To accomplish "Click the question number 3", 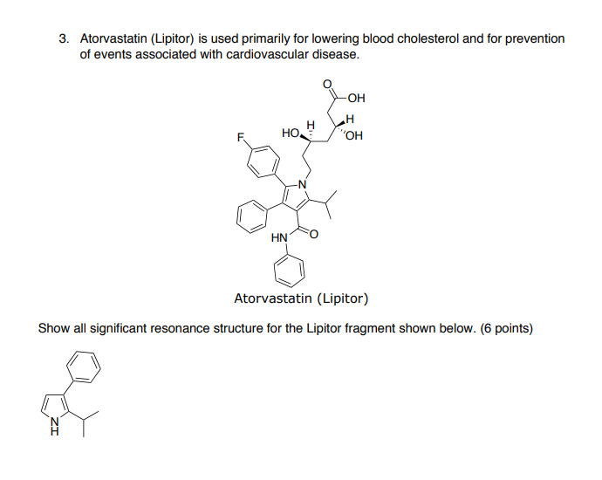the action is (63, 39).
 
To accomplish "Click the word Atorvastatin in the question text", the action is (116, 39).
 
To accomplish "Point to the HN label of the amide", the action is (279, 237).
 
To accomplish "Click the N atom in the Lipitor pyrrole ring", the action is (303, 184).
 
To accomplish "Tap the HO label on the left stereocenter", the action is (291, 133).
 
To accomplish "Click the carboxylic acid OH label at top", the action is (356, 98).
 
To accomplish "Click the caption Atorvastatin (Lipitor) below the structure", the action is (301, 299).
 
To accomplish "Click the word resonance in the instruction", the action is (181, 329).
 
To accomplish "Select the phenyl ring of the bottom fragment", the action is (86, 366).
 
